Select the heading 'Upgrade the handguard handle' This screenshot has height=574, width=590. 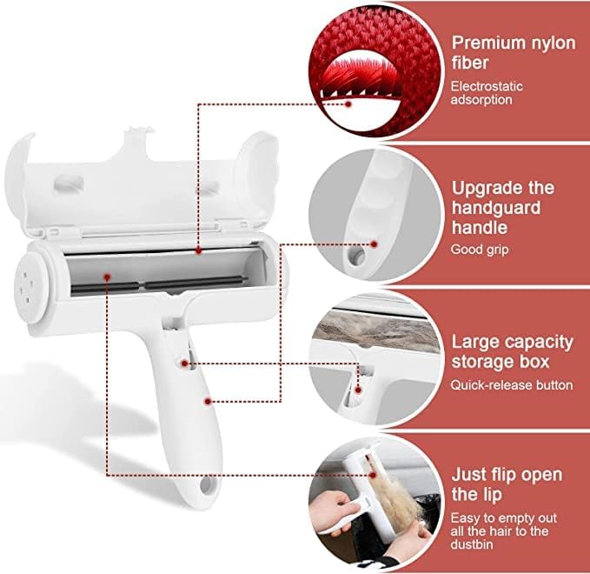(x=502, y=208)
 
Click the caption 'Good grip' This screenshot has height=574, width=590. (x=479, y=250)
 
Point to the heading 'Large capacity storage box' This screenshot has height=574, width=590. (x=512, y=351)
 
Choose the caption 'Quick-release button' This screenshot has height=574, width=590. (x=510, y=384)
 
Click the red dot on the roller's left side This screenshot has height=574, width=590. (x=106, y=277)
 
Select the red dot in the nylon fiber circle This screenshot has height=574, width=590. (x=349, y=103)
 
